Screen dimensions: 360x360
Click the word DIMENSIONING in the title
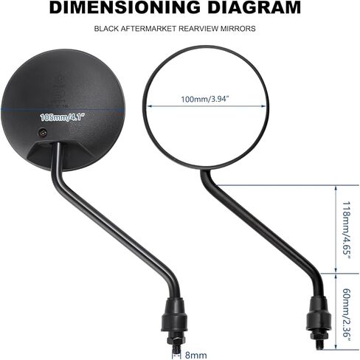click(125, 7)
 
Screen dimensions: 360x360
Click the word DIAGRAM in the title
click(255, 7)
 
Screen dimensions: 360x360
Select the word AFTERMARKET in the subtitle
click(148, 29)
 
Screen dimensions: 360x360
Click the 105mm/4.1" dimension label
click(63, 117)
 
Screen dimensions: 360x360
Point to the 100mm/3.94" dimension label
click(205, 100)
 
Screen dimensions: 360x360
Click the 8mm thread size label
click(195, 355)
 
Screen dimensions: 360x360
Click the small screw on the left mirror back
click(43, 132)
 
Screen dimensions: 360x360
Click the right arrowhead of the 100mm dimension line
click(263, 106)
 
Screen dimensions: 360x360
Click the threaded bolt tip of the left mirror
click(176, 348)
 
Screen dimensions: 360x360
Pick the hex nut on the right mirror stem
click(319, 336)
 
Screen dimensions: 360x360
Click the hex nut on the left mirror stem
click(176, 339)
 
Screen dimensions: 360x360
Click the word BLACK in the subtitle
click(106, 29)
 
